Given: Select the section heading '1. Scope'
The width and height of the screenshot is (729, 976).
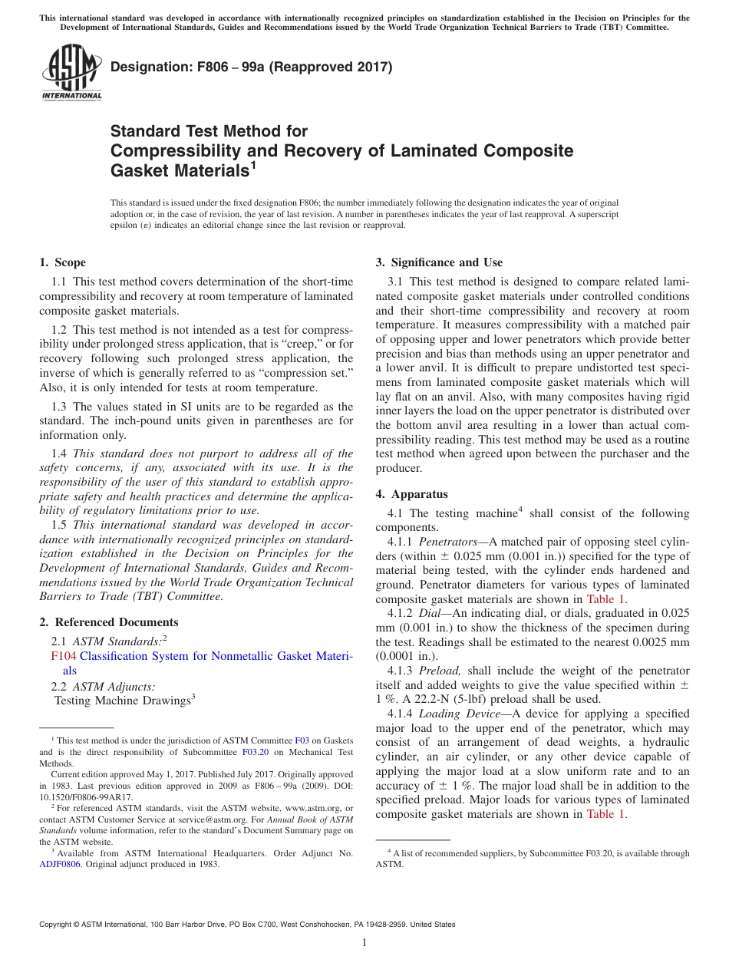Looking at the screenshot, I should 62,262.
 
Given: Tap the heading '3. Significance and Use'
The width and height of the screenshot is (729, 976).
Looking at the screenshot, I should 439,262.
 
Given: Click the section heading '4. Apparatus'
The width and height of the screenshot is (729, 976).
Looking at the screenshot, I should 411,494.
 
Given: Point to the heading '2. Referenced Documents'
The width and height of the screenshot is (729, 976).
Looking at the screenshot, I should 108,622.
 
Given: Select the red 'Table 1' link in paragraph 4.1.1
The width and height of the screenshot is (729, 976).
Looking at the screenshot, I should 606,599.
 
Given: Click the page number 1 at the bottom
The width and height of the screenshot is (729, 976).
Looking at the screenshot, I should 364,943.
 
